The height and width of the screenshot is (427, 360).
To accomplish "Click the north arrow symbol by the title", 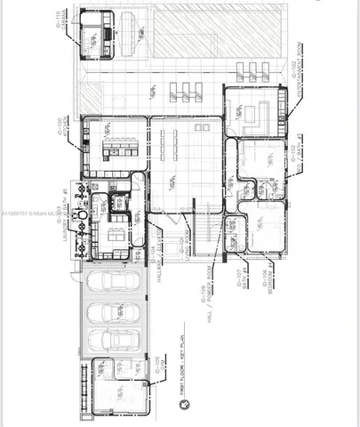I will (x=183, y=405).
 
